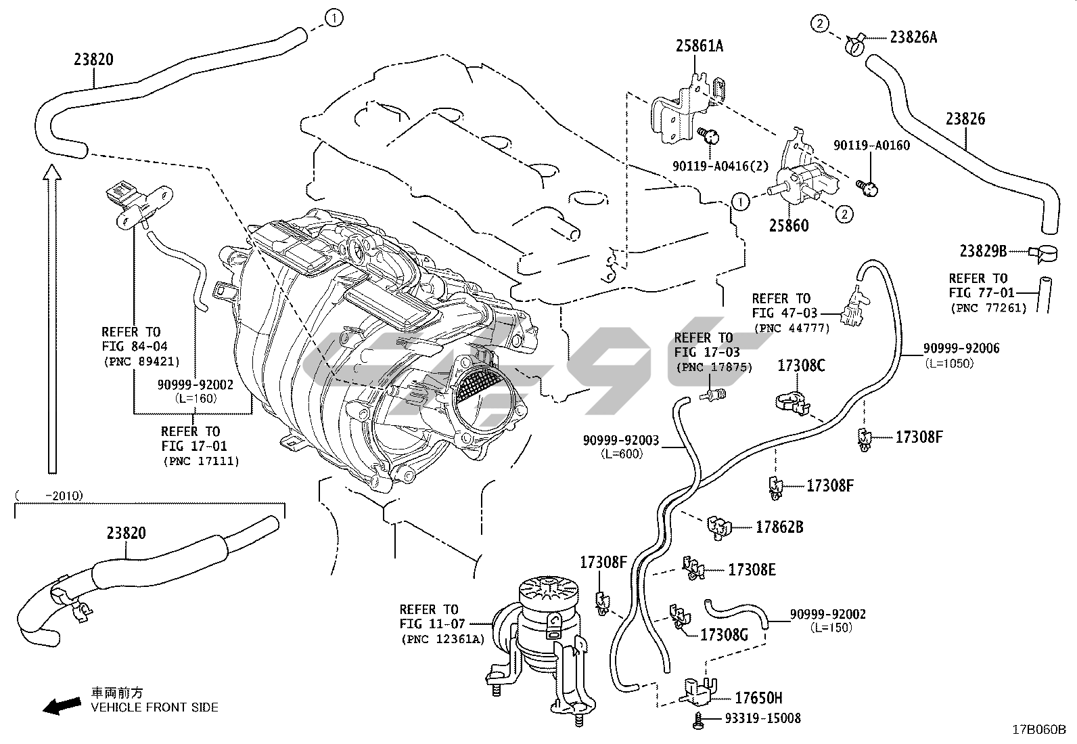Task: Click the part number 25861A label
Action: point(699,46)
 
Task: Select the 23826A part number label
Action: point(913,37)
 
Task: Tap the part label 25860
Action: point(788,225)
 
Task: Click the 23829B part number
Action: point(983,251)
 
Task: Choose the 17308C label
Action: point(802,366)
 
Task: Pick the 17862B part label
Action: point(779,527)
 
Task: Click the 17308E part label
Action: point(752,570)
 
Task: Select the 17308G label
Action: point(724,635)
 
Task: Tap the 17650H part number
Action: point(759,698)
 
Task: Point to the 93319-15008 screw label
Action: point(762,718)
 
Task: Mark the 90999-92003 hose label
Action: point(621,441)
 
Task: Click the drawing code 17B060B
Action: point(1038,730)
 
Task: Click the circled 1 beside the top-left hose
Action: point(334,18)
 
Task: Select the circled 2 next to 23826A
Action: point(819,24)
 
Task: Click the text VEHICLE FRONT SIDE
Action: point(155,707)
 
